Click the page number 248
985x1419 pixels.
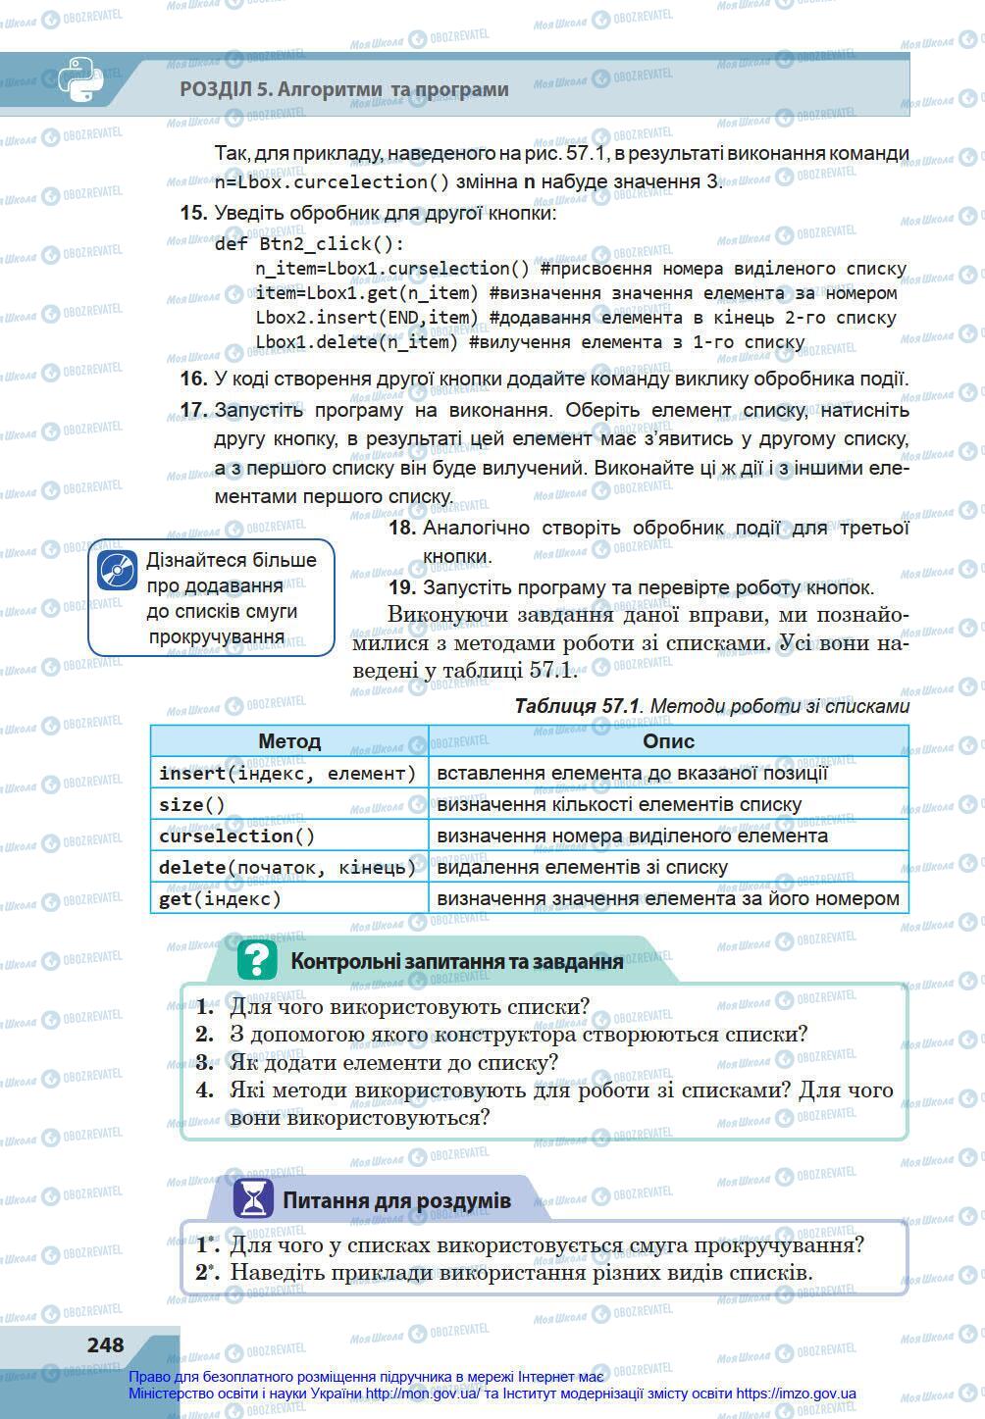pyautogui.click(x=105, y=1344)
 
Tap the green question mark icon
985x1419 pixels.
pyautogui.click(x=257, y=959)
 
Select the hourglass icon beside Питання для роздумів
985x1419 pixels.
pyautogui.click(x=253, y=1198)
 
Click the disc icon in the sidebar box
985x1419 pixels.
pyautogui.click(x=117, y=570)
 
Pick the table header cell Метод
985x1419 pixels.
pyautogui.click(x=289, y=741)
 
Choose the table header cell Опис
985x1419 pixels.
pyautogui.click(x=668, y=741)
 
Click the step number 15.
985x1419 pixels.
pyautogui.click(x=193, y=213)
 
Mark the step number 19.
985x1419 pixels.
pyautogui.click(x=402, y=587)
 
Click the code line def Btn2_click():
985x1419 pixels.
pyautogui.click(x=309, y=243)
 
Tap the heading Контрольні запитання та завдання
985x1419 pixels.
pyautogui.click(x=456, y=961)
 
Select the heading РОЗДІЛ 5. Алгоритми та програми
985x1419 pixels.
pyautogui.click(x=344, y=89)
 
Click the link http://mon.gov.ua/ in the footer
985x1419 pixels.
pyautogui.click(x=419, y=1394)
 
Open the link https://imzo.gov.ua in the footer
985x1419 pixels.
pyautogui.click(x=795, y=1394)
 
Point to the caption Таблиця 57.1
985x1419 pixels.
pyautogui.click(x=577, y=706)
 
